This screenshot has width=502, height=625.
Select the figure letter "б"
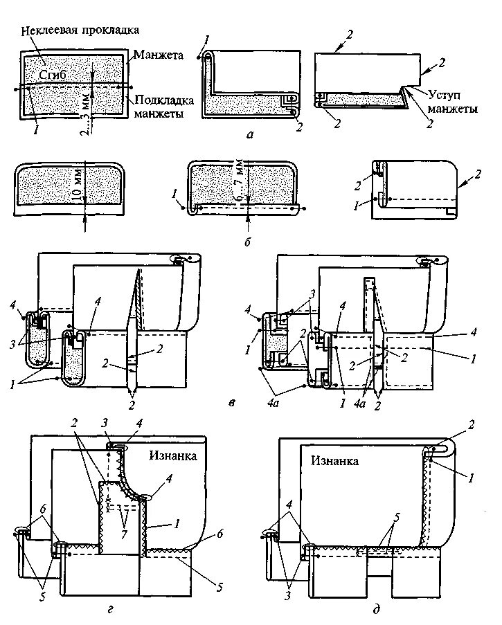click(x=247, y=243)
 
